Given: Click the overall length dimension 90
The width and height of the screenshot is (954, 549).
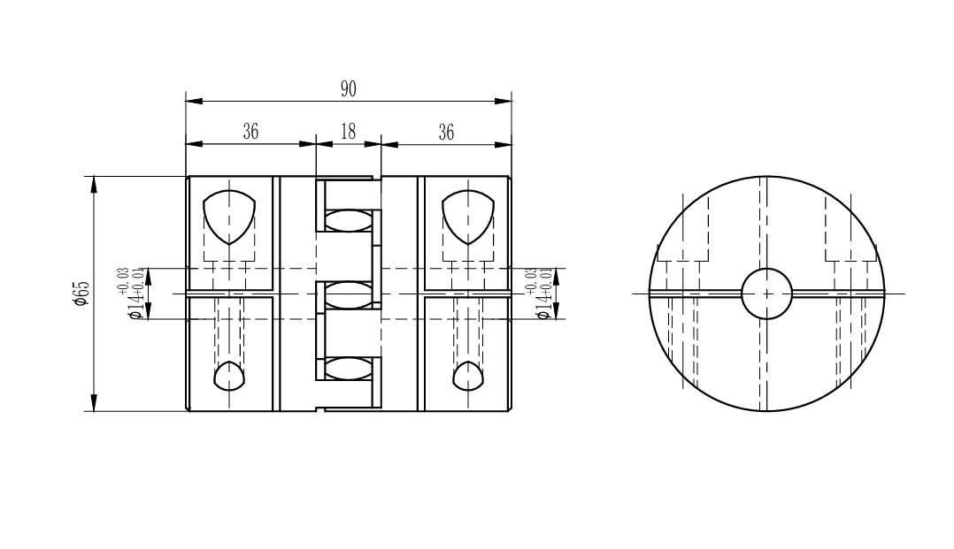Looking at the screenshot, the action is coord(348,89).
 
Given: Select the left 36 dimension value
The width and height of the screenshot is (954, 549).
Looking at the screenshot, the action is coord(250,132).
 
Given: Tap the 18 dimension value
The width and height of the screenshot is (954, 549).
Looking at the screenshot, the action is coord(348,132).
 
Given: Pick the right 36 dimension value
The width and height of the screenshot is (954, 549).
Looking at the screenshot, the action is coord(446,132).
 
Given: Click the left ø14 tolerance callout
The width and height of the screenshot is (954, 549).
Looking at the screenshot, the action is coord(135,294).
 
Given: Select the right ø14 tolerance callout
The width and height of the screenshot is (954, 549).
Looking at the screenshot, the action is coord(542,294).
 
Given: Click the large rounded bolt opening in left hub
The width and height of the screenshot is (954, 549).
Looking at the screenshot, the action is coord(228,217).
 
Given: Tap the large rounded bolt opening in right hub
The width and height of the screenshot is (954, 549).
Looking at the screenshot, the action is coord(468,217).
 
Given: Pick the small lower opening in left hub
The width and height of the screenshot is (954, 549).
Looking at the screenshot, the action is coord(229,376).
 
